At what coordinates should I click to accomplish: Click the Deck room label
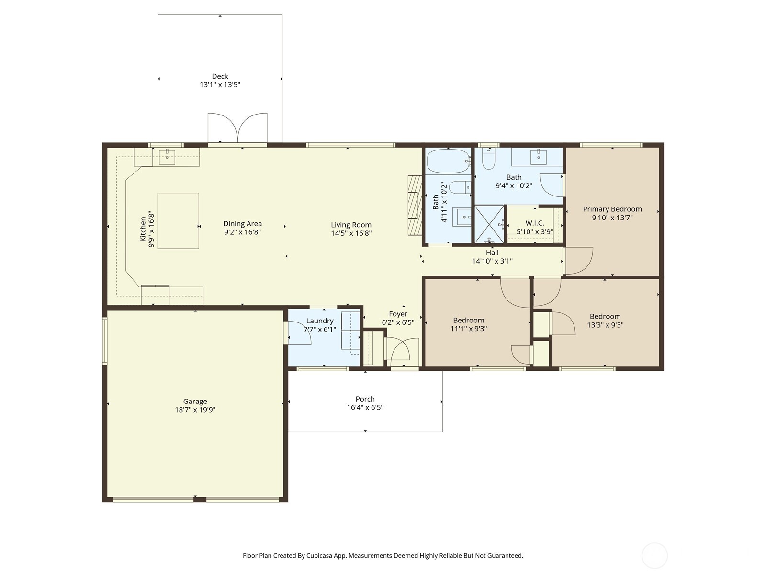pos(220,76)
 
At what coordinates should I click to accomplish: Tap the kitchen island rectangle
pos(178,221)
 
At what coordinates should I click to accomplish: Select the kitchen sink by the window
pos(167,157)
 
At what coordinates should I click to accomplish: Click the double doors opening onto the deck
pos(237,128)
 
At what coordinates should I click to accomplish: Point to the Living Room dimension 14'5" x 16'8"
pos(351,233)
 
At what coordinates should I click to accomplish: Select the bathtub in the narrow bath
pos(448,161)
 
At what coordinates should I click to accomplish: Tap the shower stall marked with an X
pos(489,224)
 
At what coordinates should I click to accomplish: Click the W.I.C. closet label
pos(534,223)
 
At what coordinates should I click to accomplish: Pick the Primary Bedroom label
pos(612,209)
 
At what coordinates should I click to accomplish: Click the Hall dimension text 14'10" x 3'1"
pos(492,261)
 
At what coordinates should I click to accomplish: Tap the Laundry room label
pos(319,321)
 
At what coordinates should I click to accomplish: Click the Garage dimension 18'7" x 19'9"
pos(195,410)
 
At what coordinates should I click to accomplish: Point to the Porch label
pos(365,399)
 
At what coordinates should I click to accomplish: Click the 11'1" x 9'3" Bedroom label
pos(468,320)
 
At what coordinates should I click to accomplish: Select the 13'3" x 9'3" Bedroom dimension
pos(605,325)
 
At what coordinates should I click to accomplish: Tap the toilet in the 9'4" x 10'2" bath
pos(488,160)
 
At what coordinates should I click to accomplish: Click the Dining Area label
pos(242,224)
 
